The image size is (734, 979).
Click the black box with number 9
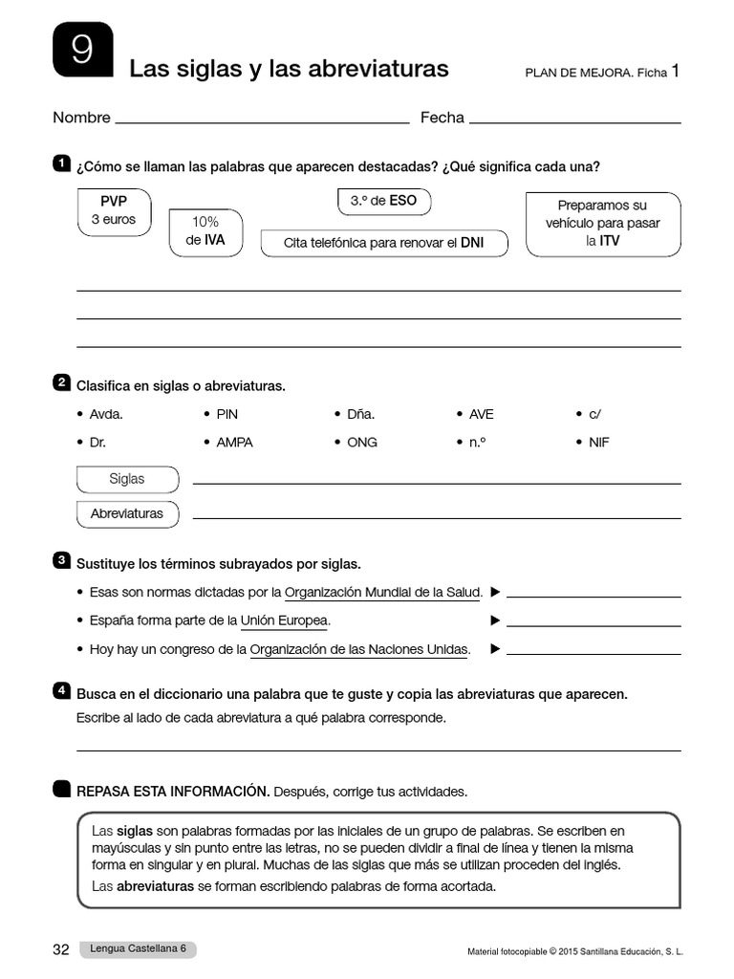coord(83,49)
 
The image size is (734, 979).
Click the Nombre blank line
coord(261,121)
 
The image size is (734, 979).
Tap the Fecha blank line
coord(575,121)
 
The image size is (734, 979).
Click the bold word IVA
coord(214,240)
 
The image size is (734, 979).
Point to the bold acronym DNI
coord(472,243)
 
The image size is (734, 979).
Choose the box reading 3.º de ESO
coord(383,202)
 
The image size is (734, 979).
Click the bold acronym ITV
coord(609,242)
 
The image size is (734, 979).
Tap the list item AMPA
coord(234,443)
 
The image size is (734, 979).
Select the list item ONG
coord(362,443)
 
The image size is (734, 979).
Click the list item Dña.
coord(360,414)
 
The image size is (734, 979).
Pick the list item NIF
coord(599,443)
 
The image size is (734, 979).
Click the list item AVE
coord(481,414)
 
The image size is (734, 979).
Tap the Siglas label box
coord(127,479)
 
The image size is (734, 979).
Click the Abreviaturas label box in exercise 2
coord(127,513)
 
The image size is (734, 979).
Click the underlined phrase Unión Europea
coord(285,620)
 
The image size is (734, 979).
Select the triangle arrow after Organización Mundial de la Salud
coord(495,592)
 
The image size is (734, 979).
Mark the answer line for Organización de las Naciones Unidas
coord(594,653)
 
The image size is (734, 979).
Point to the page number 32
coord(61,949)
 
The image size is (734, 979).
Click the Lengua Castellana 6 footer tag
coord(139,949)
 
